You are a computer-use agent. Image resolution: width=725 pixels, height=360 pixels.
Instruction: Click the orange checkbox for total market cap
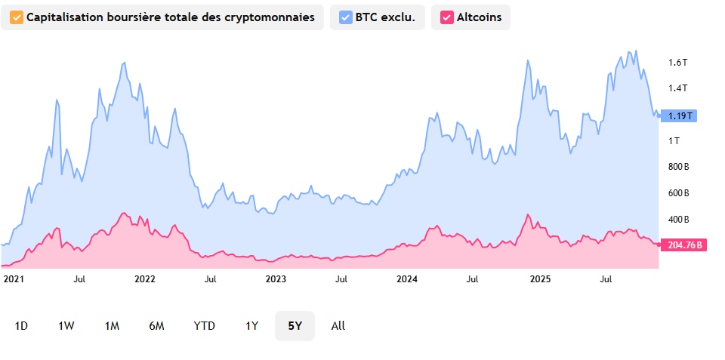(x=15, y=17)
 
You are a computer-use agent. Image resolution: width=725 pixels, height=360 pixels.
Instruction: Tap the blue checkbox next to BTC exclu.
(x=346, y=17)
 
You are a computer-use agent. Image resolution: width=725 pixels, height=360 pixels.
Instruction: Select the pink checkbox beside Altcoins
(x=447, y=17)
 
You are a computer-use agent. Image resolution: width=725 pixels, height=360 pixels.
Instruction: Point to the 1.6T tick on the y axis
(x=677, y=62)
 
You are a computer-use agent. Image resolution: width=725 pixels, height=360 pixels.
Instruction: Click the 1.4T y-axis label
(x=677, y=88)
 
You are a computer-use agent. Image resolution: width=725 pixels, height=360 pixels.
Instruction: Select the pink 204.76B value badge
(x=683, y=245)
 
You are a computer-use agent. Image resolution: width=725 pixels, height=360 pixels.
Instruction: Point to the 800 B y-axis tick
(x=679, y=167)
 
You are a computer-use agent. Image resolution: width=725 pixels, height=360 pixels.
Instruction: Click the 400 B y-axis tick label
(x=679, y=220)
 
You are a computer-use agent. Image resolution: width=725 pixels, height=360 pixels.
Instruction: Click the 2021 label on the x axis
(x=14, y=278)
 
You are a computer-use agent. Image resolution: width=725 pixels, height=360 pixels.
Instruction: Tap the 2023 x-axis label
(x=276, y=278)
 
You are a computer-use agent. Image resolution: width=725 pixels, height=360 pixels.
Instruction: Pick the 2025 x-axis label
(x=540, y=278)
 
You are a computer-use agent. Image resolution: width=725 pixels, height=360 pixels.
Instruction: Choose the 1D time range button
(x=21, y=326)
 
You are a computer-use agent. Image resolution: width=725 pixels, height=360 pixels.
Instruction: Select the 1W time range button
(x=66, y=326)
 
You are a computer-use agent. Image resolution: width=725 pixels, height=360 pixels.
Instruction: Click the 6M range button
(x=156, y=326)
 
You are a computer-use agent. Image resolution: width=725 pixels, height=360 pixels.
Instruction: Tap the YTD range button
(x=204, y=326)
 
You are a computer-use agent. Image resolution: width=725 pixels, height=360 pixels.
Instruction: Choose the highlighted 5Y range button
(x=295, y=326)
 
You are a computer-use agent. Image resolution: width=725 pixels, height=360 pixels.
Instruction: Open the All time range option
(x=338, y=326)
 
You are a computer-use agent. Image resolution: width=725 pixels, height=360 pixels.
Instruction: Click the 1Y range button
(x=251, y=326)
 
